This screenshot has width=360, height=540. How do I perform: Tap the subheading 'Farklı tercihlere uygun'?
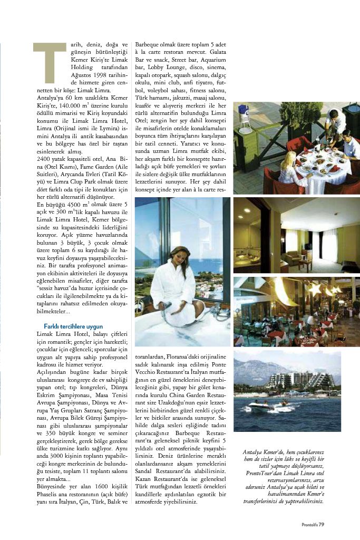(65, 326)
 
